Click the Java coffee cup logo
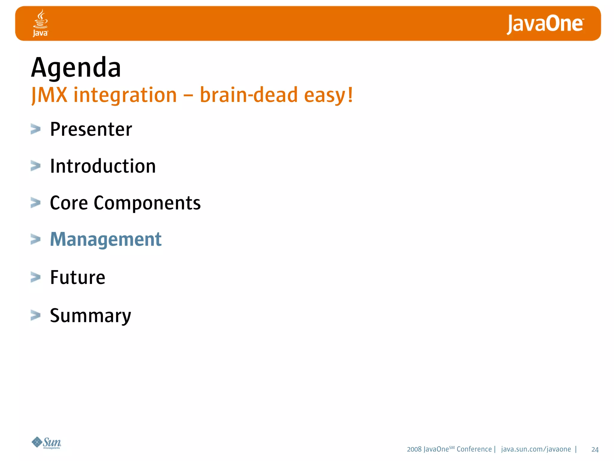40,23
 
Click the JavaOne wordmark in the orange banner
545,24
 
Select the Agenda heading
76,68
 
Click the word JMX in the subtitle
49,95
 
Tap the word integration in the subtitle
125,95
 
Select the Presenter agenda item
91,129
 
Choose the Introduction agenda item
103,166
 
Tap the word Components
147,203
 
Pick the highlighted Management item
106,240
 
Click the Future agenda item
78,277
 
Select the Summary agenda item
90,315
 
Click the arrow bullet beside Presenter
35,129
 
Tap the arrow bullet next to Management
35,240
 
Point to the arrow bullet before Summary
35,315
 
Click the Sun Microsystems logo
46,443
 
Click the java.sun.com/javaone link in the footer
536,449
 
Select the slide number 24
595,450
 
